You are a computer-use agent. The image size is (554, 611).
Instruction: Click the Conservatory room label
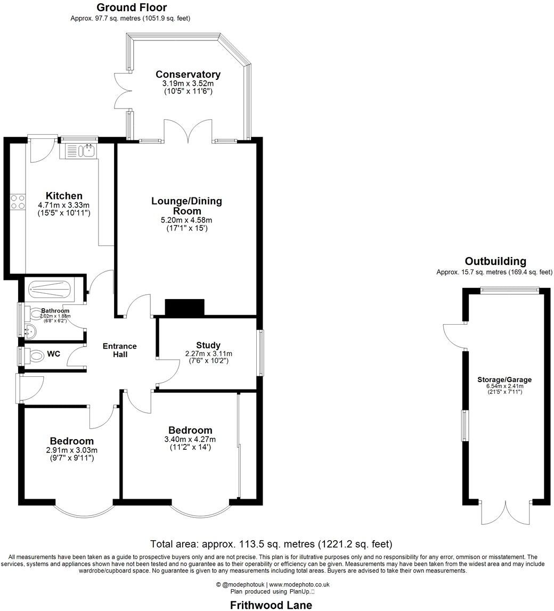click(188, 75)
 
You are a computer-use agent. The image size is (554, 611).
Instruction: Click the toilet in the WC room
click(36, 355)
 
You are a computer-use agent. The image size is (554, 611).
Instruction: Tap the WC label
click(53, 353)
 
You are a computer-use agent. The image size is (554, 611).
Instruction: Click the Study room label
click(208, 345)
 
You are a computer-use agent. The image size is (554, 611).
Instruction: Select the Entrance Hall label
click(120, 350)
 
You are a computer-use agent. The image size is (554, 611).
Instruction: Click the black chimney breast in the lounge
click(184, 308)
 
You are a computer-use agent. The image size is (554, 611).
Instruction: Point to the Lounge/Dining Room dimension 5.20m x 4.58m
click(186, 220)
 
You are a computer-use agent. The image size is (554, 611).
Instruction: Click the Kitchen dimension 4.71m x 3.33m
click(63, 205)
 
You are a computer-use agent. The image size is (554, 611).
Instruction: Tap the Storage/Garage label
click(504, 379)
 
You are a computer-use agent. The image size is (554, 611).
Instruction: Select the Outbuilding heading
click(495, 261)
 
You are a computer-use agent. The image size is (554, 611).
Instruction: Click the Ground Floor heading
click(131, 7)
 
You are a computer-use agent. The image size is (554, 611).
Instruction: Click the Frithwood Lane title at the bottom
click(271, 605)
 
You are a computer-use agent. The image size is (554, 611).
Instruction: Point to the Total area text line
click(271, 544)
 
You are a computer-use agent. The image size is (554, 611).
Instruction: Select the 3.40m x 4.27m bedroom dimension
click(190, 440)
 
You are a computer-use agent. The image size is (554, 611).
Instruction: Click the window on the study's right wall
click(260, 353)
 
